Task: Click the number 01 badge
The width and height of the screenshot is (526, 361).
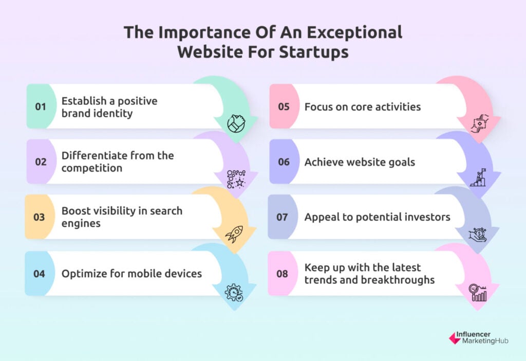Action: click(x=41, y=106)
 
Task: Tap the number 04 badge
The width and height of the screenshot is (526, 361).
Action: click(x=39, y=274)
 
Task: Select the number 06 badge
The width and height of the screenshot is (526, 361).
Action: click(x=284, y=162)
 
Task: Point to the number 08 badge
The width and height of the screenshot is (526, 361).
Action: click(x=282, y=274)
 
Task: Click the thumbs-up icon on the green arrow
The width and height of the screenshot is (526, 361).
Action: click(x=236, y=123)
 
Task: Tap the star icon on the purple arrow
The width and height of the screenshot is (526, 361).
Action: click(x=236, y=179)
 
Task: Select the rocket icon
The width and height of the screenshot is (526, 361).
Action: click(x=234, y=234)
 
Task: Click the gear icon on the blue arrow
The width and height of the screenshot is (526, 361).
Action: click(x=234, y=293)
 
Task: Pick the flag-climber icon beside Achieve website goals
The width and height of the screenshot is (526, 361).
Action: click(x=478, y=177)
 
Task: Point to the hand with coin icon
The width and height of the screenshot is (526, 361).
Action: click(x=478, y=234)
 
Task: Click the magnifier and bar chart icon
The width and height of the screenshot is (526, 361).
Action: click(x=478, y=293)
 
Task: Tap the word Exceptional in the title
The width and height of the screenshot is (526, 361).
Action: click(x=354, y=32)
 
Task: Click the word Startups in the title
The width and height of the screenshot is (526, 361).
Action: click(x=314, y=52)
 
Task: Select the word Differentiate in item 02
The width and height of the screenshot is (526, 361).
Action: click(x=94, y=155)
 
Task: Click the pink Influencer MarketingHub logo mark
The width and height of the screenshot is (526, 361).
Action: click(x=455, y=338)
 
